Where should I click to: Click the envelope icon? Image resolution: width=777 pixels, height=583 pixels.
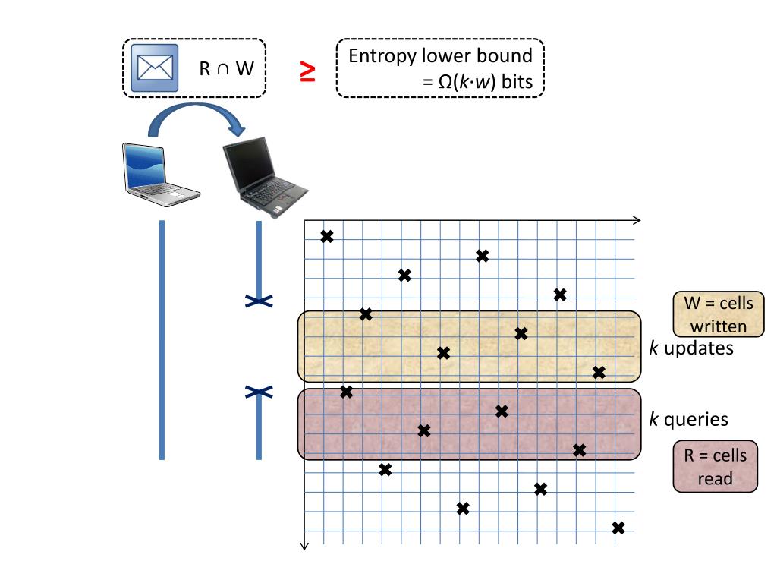tap(154, 68)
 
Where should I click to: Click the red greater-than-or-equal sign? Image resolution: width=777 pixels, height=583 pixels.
tap(307, 70)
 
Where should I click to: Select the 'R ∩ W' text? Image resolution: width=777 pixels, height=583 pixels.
tap(226, 68)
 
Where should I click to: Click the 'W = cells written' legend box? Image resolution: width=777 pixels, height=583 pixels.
tap(719, 314)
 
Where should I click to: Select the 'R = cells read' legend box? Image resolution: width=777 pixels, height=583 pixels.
tap(716, 466)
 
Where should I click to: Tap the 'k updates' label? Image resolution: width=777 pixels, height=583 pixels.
tap(691, 349)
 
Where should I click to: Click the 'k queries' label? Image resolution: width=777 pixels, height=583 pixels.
tap(688, 419)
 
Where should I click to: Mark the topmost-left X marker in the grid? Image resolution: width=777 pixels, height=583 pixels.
tap(327, 236)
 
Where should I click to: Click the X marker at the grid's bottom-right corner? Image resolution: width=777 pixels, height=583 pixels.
tap(618, 528)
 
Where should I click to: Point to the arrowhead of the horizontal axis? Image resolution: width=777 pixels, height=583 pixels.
tap(637, 220)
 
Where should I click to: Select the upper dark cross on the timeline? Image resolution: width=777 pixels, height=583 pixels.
tap(259, 301)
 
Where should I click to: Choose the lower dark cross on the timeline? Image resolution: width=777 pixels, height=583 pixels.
tap(259, 392)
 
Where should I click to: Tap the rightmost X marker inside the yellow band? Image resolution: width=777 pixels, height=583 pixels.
tap(599, 372)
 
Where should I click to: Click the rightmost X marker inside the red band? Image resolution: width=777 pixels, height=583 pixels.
tap(579, 449)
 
